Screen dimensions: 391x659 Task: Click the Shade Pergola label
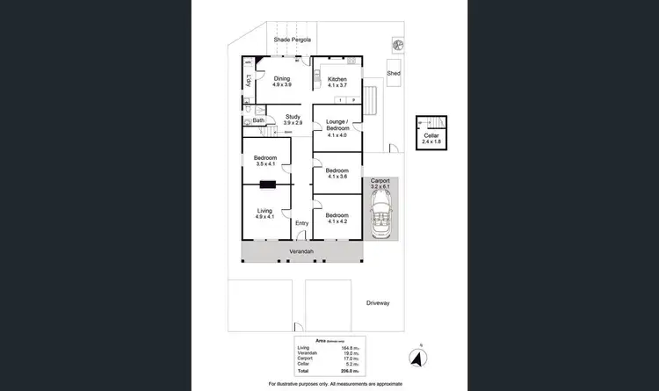(x=293, y=40)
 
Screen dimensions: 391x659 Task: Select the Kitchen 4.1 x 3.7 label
(x=337, y=83)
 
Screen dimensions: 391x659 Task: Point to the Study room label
(x=293, y=119)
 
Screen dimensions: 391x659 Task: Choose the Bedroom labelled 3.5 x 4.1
(x=264, y=161)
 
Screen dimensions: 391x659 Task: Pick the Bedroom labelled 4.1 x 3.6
(x=337, y=173)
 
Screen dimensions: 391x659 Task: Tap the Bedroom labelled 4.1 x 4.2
(x=337, y=218)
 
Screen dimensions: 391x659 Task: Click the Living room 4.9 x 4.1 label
(x=264, y=214)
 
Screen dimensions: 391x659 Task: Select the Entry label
(x=301, y=223)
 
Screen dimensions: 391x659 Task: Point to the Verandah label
(x=301, y=251)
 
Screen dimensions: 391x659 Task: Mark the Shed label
(x=394, y=74)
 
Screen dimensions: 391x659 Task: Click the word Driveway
(x=378, y=303)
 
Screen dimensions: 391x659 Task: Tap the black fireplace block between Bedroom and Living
(x=268, y=185)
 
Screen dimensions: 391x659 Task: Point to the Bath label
(x=258, y=120)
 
